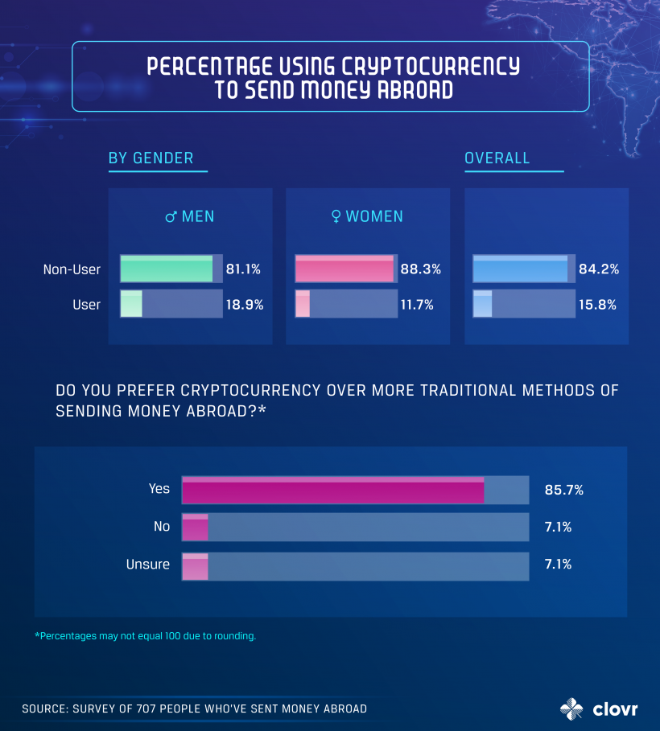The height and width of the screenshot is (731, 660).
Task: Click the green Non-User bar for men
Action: point(167,269)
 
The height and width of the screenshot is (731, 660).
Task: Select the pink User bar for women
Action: point(303,304)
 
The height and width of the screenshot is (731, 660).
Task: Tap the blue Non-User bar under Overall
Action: point(521,269)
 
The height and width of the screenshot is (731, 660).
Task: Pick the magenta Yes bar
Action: point(333,490)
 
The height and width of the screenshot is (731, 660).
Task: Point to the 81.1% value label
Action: point(243,269)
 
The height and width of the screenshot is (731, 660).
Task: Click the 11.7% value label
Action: point(417,305)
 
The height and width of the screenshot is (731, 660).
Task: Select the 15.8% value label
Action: point(599,305)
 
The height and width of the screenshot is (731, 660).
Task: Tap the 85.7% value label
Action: point(563,490)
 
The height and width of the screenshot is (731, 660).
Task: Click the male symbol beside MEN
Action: point(171,217)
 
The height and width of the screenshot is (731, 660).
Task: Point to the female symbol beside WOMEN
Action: point(336,217)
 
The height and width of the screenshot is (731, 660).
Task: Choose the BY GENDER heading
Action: point(151,158)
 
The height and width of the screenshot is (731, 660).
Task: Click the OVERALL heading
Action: point(497,158)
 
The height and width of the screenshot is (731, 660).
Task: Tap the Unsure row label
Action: point(148,565)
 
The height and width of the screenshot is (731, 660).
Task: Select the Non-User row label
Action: point(72,269)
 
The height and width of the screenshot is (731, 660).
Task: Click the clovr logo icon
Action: point(571,708)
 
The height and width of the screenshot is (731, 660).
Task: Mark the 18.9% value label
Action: point(244,305)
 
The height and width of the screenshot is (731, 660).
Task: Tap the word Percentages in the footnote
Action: point(70,636)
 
